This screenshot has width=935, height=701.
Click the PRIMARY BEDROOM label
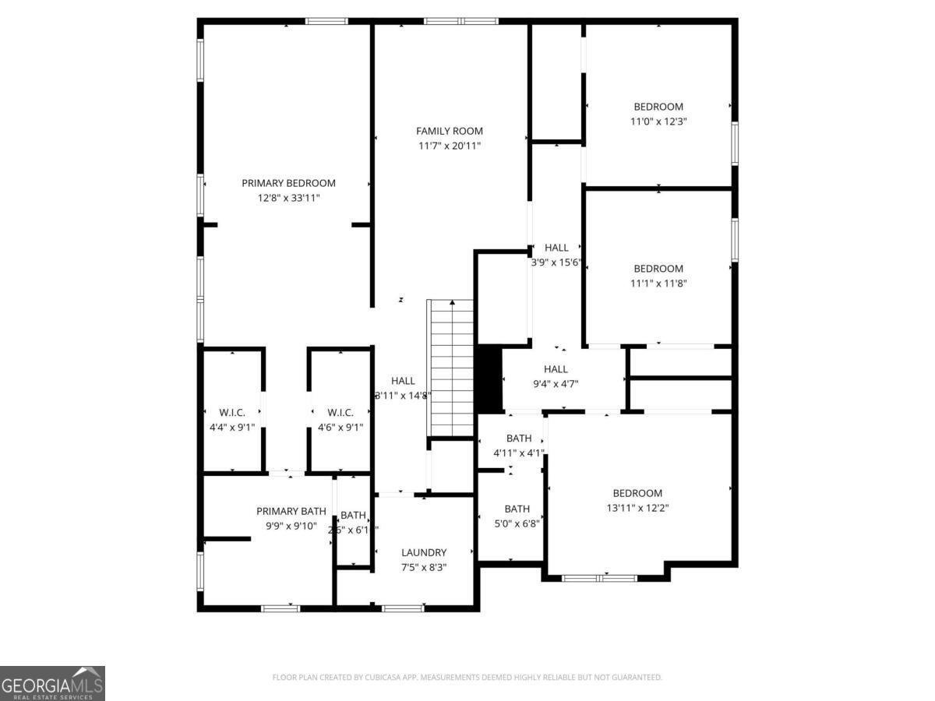point(288,183)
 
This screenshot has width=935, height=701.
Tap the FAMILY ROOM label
point(450,131)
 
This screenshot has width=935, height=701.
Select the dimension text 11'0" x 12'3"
point(658,122)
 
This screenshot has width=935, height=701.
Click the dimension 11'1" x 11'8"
point(658,284)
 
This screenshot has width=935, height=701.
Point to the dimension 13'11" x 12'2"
point(637,507)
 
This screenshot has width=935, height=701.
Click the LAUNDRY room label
point(424,552)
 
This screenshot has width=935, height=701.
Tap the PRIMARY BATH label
point(291,511)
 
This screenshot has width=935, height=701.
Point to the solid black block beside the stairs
point(489,379)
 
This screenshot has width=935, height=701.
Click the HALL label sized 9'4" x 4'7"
point(556,369)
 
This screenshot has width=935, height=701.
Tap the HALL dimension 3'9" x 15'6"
point(556,262)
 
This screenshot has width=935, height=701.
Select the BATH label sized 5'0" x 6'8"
point(517,509)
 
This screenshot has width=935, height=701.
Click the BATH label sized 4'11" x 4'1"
point(518,439)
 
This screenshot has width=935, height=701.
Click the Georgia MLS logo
point(52,683)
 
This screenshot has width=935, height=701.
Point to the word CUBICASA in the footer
point(387,678)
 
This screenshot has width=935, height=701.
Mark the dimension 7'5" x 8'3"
point(424,567)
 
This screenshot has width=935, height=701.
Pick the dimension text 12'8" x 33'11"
point(288,198)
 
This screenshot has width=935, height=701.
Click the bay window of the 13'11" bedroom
point(600,578)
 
